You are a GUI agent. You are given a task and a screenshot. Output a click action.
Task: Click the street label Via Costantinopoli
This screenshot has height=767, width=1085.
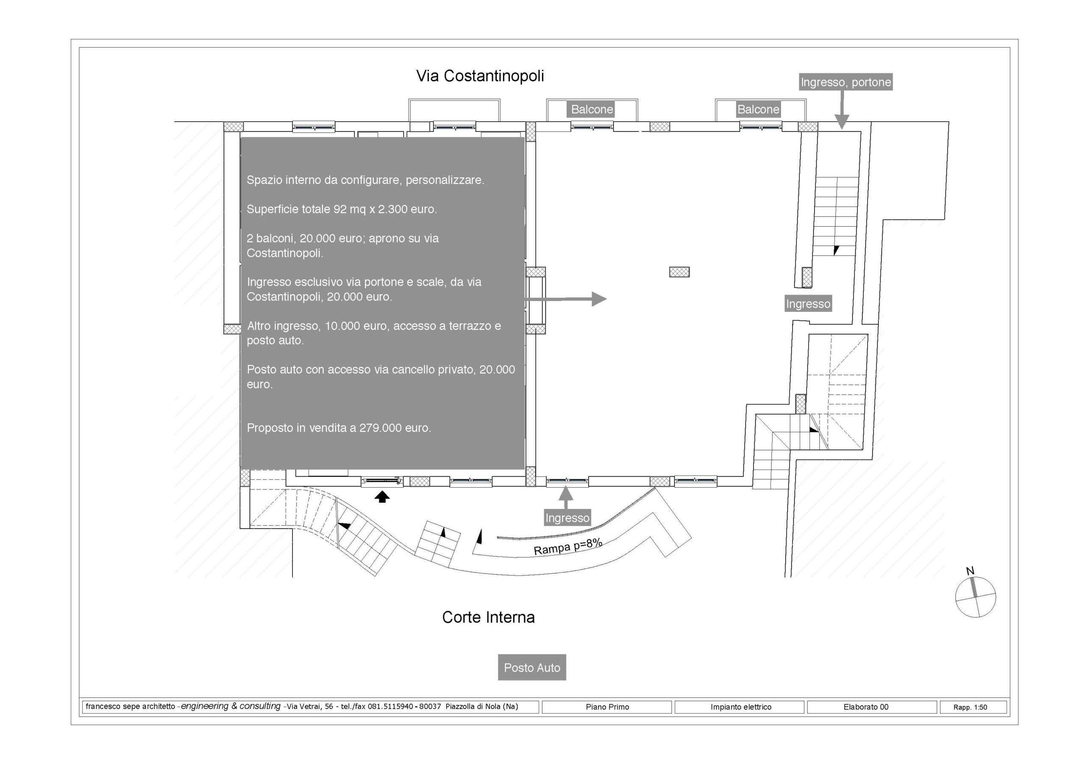[480, 76]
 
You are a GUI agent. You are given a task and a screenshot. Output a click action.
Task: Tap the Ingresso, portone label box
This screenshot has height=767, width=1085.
[846, 82]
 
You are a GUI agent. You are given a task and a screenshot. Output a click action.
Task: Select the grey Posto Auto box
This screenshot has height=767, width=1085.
[531, 667]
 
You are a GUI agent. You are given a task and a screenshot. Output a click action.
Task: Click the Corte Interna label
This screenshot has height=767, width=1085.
[488, 617]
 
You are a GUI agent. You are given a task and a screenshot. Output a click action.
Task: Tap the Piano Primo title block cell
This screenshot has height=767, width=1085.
[607, 707]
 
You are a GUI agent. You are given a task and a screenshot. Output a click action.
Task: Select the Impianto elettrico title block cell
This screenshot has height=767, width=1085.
[740, 707]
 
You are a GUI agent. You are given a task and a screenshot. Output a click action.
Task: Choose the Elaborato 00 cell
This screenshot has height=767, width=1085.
[866, 707]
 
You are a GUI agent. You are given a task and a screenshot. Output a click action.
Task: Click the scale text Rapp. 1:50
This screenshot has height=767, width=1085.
[970, 707]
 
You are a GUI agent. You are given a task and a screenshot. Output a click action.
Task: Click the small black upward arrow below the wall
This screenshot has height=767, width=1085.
[382, 497]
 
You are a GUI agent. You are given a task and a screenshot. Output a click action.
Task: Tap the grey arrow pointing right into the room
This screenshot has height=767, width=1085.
[566, 299]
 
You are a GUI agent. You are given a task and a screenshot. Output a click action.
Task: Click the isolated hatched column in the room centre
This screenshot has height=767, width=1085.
[679, 272]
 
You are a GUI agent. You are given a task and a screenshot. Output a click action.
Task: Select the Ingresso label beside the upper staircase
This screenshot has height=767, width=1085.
[808, 304]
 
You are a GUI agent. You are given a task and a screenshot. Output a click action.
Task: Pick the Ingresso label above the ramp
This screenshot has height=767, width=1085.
[567, 518]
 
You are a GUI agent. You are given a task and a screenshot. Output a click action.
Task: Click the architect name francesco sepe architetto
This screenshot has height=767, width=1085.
[131, 706]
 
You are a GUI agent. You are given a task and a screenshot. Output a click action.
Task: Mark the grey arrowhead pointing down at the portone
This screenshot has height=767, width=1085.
[842, 122]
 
